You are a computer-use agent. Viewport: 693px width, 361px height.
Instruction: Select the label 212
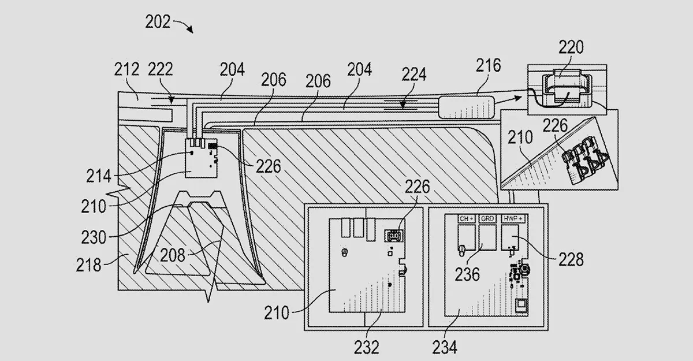click(126, 70)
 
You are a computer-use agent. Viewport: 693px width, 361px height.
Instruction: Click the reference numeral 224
click(414, 75)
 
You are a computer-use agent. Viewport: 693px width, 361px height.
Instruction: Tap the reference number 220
click(571, 47)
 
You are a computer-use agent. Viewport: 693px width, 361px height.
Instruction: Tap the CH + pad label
click(465, 219)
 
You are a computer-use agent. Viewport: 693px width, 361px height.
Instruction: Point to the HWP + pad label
click(513, 219)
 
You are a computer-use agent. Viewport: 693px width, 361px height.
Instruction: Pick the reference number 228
click(571, 260)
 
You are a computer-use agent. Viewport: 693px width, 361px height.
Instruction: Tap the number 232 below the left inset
click(366, 347)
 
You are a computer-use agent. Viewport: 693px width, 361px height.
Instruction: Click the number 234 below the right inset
click(445, 347)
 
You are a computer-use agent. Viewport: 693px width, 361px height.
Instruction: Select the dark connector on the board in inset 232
click(394, 236)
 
